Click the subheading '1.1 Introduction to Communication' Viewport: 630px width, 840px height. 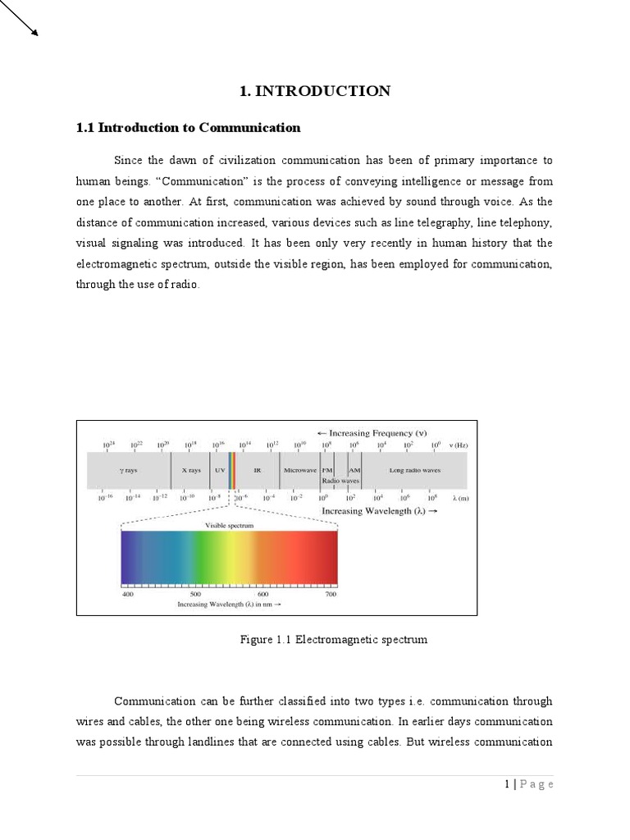click(188, 127)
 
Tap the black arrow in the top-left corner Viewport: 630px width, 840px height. click(20, 19)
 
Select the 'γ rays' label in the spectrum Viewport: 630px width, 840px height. click(129, 471)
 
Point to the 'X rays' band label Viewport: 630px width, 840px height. click(190, 471)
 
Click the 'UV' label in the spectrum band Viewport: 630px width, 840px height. click(219, 471)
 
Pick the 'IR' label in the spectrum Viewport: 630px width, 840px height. click(257, 471)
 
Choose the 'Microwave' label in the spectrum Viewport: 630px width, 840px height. click(299, 471)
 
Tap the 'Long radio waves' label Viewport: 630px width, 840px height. click(414, 471)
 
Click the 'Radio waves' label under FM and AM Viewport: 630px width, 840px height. click(340, 481)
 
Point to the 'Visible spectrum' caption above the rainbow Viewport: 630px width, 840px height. click(229, 524)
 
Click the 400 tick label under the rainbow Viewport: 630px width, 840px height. click(128, 594)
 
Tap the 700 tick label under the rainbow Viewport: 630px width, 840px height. click(331, 594)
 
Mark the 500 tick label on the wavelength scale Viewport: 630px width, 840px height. click(195, 594)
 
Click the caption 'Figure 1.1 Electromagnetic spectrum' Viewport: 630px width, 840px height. click(333, 639)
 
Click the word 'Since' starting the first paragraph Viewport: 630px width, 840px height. click(128, 160)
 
